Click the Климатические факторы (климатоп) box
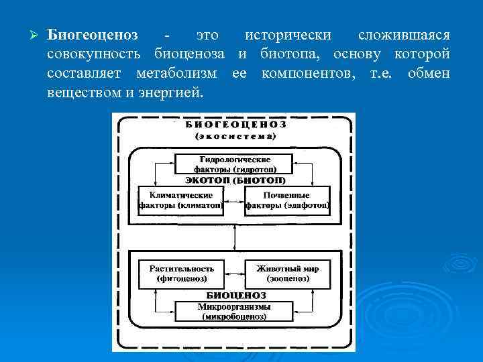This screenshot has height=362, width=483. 180,199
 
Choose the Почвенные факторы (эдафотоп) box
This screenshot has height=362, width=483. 287,199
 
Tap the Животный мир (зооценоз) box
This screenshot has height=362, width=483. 287,273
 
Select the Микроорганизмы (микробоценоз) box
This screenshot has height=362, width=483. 233,311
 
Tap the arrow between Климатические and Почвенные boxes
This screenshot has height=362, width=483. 234,200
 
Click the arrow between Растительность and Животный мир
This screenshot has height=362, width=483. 234,274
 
